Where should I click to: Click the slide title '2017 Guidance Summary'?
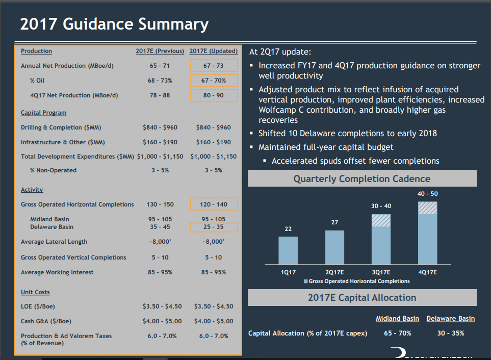tap(114, 24)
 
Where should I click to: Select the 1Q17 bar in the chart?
tap(288, 250)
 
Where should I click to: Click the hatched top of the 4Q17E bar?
tap(427, 208)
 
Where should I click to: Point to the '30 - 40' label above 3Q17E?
tap(381, 205)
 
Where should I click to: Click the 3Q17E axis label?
tap(381, 273)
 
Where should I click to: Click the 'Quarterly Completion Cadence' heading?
tap(361, 179)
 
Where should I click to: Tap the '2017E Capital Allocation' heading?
tap(361, 298)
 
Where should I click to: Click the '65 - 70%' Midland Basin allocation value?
tap(397, 333)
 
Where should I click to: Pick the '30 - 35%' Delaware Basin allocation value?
tap(450, 333)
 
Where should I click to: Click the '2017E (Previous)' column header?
tap(160, 51)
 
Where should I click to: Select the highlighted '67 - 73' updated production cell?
tap(213, 66)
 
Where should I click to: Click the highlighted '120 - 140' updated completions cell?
tap(213, 204)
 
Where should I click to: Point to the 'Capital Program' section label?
tap(43, 113)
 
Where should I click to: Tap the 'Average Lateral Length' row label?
tap(54, 242)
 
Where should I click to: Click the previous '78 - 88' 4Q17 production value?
tap(160, 95)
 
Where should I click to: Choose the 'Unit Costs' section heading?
tap(35, 292)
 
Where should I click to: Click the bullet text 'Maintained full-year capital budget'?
tap(326, 147)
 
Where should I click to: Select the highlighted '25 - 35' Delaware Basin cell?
tap(213, 227)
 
